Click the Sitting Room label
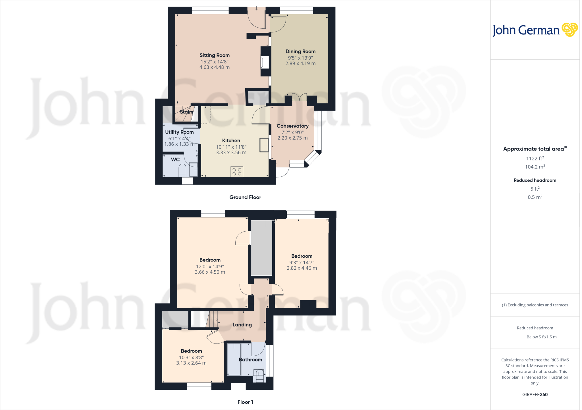[x=214, y=55]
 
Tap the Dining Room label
[x=300, y=51]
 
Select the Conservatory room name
[x=292, y=126]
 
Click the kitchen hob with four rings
[x=237, y=172]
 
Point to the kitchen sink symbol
[x=264, y=145]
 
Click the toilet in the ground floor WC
[x=182, y=170]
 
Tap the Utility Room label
[x=179, y=132]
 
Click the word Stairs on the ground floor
[x=186, y=112]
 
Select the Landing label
[x=242, y=325]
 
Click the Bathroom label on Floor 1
[x=250, y=360]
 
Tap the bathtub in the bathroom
[x=234, y=359]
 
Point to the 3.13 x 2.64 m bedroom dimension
[x=191, y=363]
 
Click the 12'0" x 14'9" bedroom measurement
[x=210, y=267]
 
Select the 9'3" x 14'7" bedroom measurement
[x=302, y=263]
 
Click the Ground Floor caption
[x=245, y=197]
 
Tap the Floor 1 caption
[x=245, y=402]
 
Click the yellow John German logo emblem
[x=569, y=30]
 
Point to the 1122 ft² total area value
[x=535, y=159]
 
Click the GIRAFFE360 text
[x=535, y=395]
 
